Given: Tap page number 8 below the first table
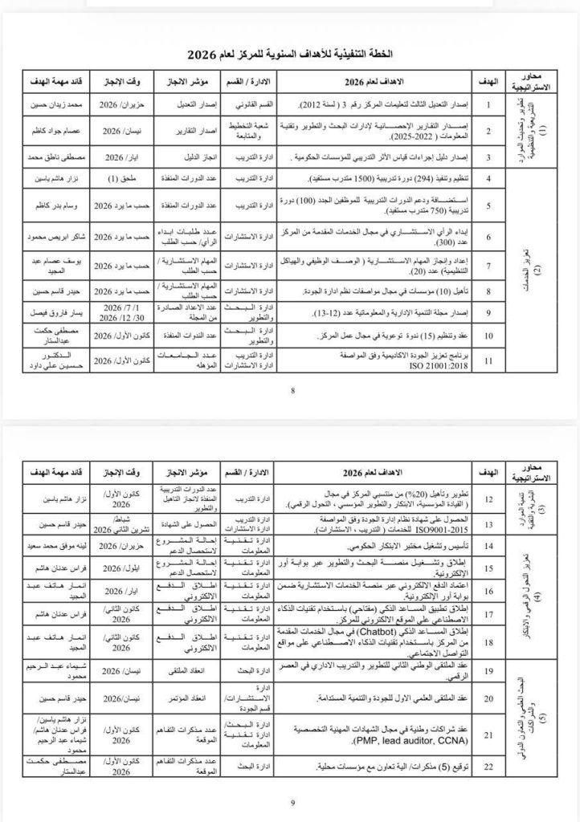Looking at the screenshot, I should [293, 391].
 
